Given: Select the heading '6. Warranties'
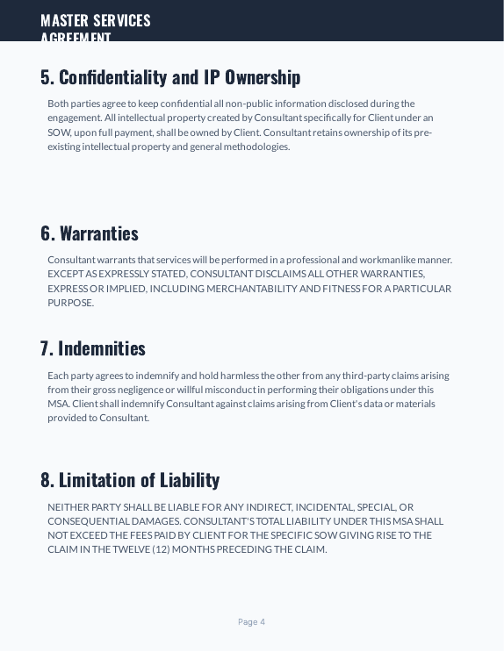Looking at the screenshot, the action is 90,233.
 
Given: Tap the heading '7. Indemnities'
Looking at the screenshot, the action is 93,348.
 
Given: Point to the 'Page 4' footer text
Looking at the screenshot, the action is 251,622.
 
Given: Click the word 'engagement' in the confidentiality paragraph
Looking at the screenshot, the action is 74,118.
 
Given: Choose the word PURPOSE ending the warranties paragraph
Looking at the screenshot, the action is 69,303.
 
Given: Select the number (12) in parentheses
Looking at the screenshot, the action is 161,550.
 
